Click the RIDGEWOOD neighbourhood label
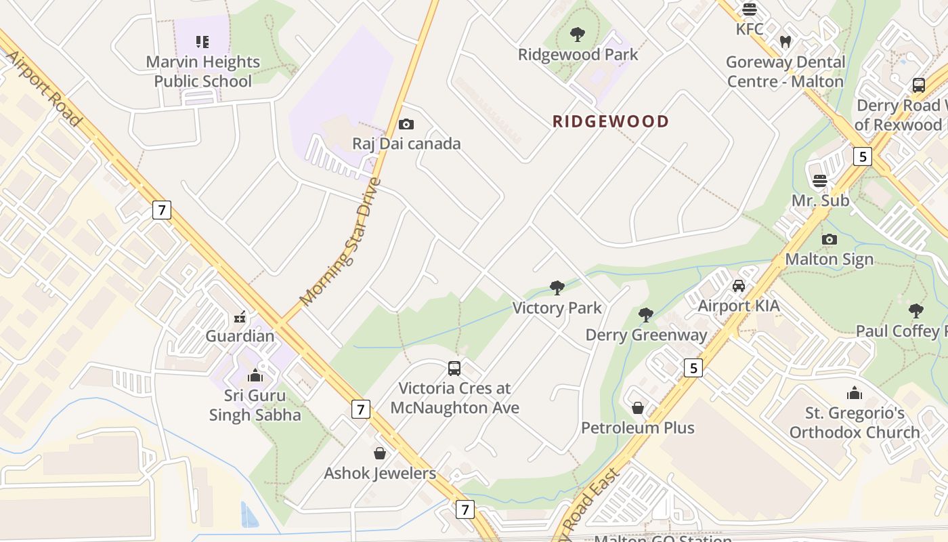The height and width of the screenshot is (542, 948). (x=610, y=121)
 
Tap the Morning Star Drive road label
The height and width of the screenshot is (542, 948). (x=341, y=241)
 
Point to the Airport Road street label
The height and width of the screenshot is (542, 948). (x=45, y=87)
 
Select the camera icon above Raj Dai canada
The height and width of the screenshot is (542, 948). (x=406, y=124)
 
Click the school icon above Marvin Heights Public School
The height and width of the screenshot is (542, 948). (x=202, y=42)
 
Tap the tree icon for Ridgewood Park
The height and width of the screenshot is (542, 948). (x=578, y=35)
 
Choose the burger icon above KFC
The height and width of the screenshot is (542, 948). (x=749, y=9)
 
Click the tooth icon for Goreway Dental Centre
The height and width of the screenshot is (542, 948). (x=785, y=42)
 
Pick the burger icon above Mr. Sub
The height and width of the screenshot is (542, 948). (x=820, y=181)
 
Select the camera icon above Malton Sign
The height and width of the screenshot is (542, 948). (x=829, y=239)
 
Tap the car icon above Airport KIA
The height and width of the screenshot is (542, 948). (x=739, y=286)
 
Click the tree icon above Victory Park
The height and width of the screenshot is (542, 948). (x=557, y=288)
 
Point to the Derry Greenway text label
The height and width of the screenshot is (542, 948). (x=646, y=335)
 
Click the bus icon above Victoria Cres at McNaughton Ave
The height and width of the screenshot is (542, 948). (x=454, y=369)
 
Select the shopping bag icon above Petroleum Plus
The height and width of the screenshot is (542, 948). (x=638, y=408)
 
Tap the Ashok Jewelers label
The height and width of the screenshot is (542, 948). (x=380, y=473)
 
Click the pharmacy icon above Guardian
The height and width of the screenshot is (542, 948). (x=240, y=316)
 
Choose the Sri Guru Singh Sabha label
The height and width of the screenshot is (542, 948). (x=256, y=405)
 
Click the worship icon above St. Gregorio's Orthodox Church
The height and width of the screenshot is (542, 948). (x=855, y=393)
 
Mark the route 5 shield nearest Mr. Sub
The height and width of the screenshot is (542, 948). (x=861, y=157)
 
